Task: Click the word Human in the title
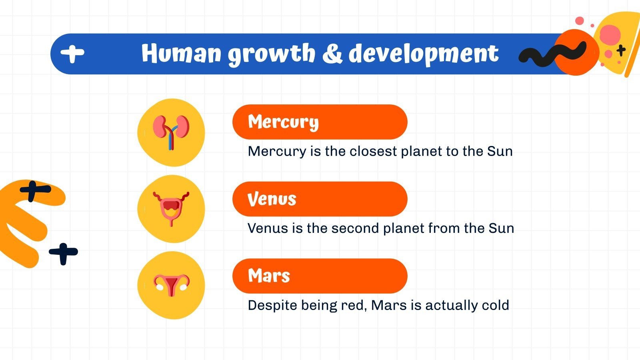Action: pyautogui.click(x=181, y=54)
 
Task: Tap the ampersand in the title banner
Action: pyautogui.click(x=332, y=54)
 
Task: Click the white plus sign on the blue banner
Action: pyautogui.click(x=72, y=53)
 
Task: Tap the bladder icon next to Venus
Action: pyautogui.click(x=171, y=208)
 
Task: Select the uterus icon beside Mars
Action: pyautogui.click(x=171, y=285)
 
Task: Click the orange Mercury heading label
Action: pyautogui.click(x=320, y=122)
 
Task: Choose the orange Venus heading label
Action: pyautogui.click(x=320, y=199)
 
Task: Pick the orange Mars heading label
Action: pyautogui.click(x=320, y=276)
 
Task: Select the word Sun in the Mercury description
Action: pyautogui.click(x=500, y=151)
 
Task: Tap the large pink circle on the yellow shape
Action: pyautogui.click(x=610, y=34)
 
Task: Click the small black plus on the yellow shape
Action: pyautogui.click(x=621, y=50)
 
